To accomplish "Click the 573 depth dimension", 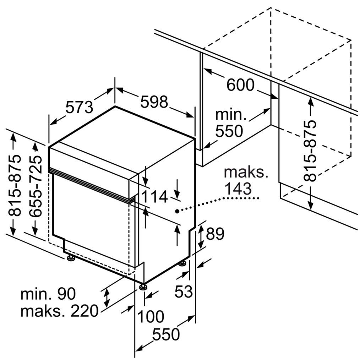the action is [x=80, y=107].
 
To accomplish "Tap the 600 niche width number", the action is [x=240, y=85].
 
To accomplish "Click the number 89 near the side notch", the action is [x=215, y=234].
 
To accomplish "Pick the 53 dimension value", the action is [x=184, y=291].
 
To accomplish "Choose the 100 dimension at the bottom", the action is [x=151, y=316].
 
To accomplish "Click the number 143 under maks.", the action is [x=238, y=189].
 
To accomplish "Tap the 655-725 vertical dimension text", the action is [x=36, y=186].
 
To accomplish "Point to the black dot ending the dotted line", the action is [x=177, y=211].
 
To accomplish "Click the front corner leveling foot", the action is [x=143, y=287].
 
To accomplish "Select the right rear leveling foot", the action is [x=183, y=263].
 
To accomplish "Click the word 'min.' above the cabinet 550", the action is [x=231, y=115].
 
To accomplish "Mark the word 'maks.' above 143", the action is [x=246, y=172].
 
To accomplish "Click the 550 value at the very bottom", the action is [x=166, y=334].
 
